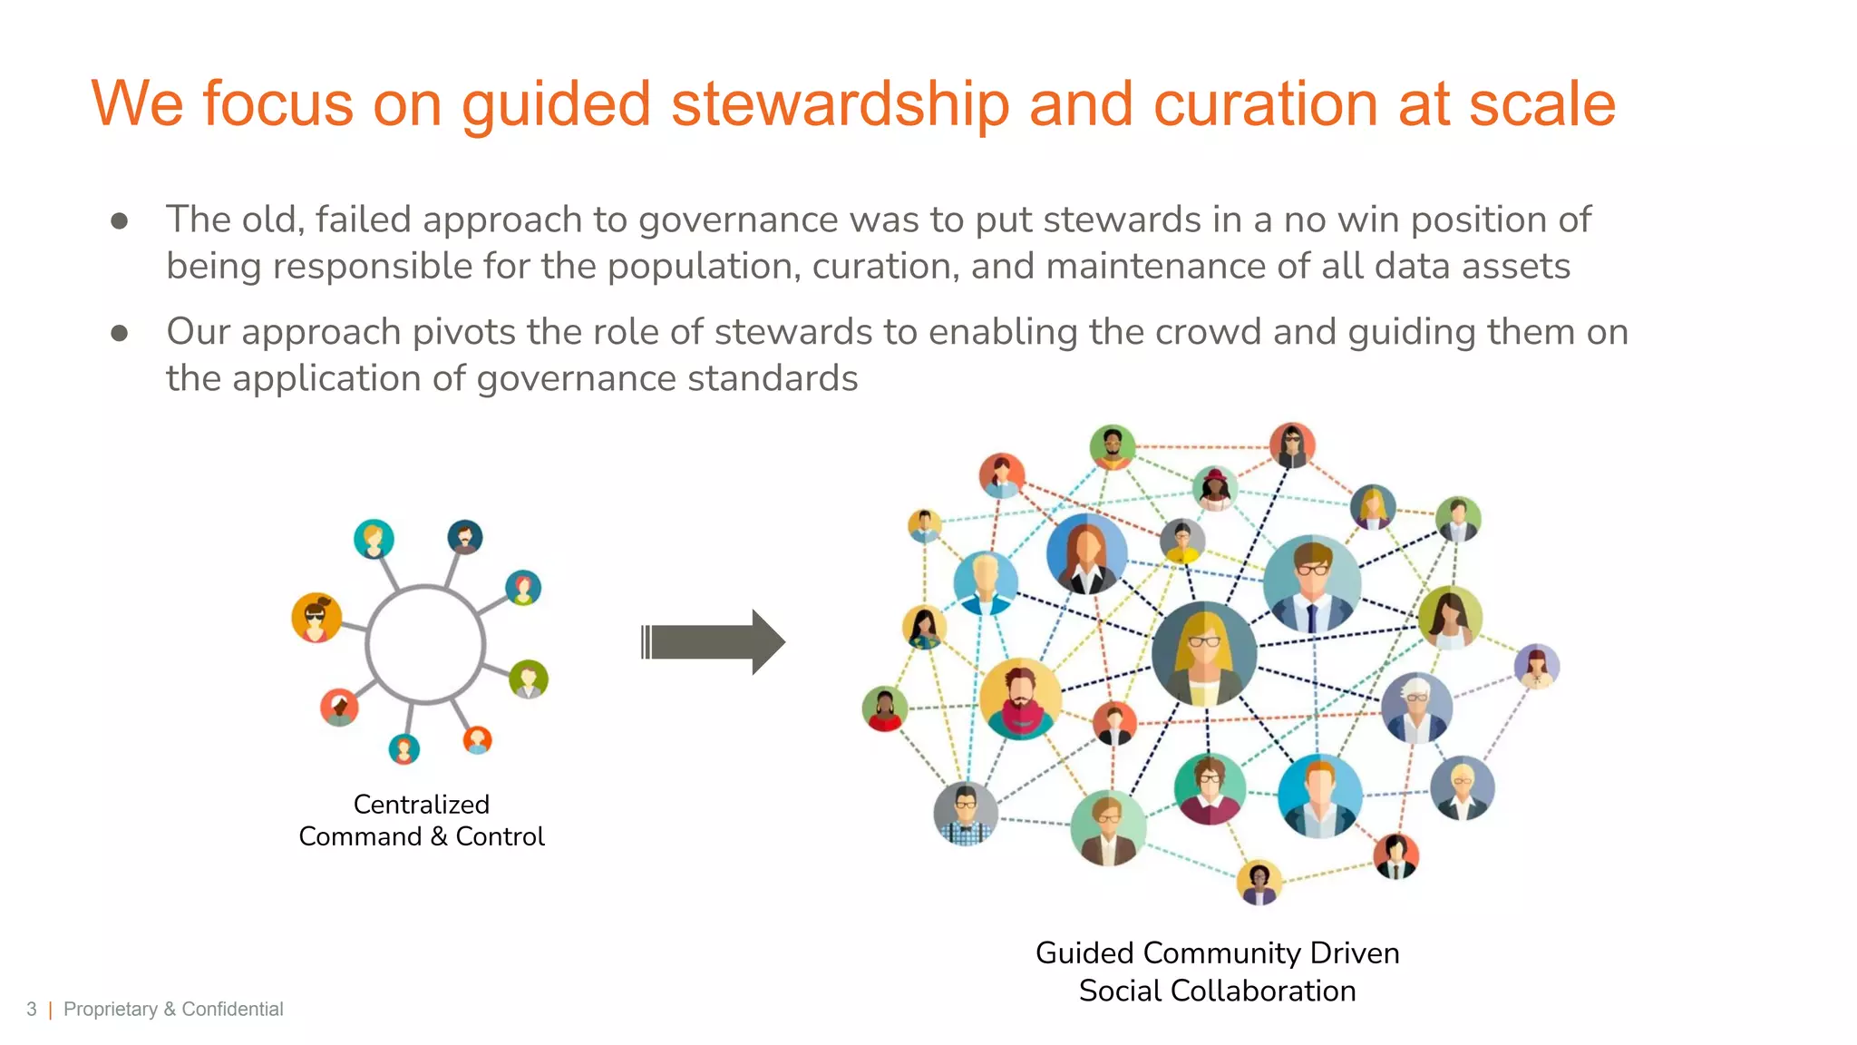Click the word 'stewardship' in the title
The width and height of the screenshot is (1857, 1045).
tap(840, 104)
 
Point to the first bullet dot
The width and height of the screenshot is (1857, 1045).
tap(119, 221)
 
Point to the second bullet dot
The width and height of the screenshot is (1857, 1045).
tap(119, 334)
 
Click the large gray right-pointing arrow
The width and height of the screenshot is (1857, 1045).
tap(713, 642)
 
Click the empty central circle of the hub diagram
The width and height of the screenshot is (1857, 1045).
tap(425, 644)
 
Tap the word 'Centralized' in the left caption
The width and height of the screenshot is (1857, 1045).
tap(421, 805)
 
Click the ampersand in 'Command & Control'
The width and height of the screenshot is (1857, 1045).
tap(439, 836)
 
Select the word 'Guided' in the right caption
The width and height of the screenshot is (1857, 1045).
tap(1084, 953)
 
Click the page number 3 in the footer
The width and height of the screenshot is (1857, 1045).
tap(32, 1010)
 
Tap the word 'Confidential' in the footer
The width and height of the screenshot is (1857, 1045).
tap(232, 1010)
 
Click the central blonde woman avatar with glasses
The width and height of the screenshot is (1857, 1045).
tap(1204, 653)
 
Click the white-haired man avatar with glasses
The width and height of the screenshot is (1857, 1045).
tap(1416, 708)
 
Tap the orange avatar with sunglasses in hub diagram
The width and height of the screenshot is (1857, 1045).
tap(316, 618)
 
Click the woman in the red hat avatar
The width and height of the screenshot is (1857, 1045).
tap(1214, 489)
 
